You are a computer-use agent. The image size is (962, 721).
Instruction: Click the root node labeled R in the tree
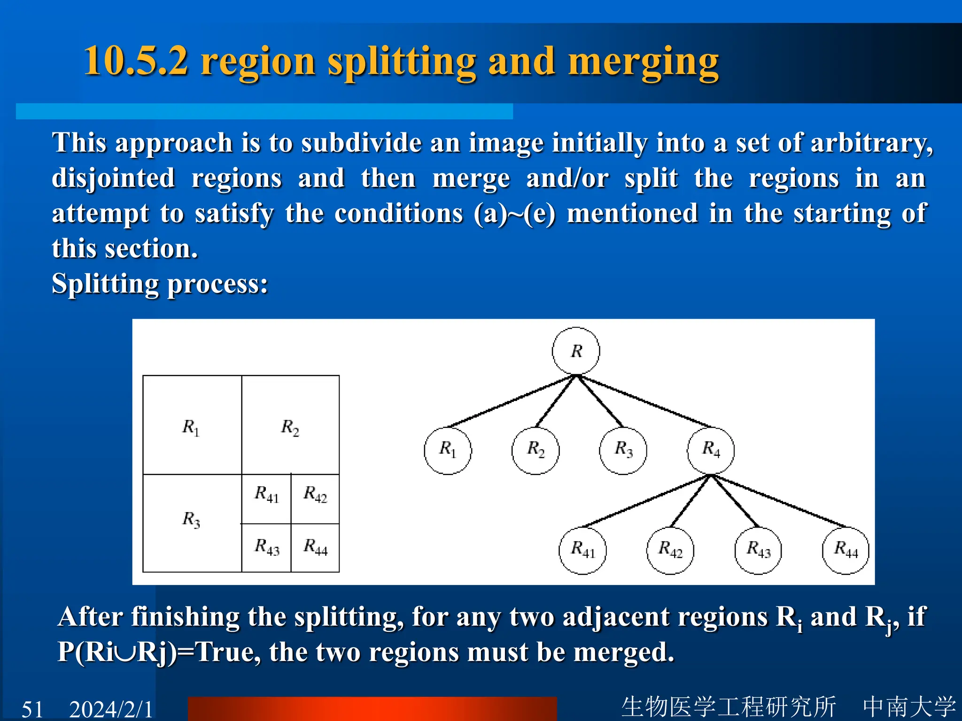[x=576, y=351]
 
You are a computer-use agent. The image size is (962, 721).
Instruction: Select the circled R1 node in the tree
[x=448, y=451]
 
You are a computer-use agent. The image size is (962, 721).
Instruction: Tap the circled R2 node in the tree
[x=535, y=451]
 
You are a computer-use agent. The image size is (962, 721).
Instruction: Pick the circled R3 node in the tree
[x=623, y=451]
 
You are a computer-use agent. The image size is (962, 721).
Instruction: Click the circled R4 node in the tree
[x=711, y=451]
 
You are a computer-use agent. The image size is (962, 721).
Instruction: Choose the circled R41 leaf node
[x=582, y=550]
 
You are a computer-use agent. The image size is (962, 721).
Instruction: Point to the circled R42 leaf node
[x=670, y=550]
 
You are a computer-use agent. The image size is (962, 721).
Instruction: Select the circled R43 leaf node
[x=758, y=550]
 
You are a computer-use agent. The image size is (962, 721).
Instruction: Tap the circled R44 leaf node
[x=846, y=550]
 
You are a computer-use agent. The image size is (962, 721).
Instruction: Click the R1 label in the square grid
[x=191, y=428]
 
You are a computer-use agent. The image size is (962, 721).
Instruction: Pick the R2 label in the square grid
[x=290, y=428]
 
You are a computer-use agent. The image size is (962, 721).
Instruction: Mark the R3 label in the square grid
[x=191, y=520]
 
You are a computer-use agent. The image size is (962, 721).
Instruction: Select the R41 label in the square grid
[x=266, y=494]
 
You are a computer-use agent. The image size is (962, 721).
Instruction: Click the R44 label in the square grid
[x=315, y=547]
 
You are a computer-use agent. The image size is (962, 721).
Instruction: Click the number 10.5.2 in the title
[x=136, y=61]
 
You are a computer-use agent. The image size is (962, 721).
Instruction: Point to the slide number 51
[x=32, y=709]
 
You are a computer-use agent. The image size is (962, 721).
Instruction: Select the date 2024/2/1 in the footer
[x=111, y=709]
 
